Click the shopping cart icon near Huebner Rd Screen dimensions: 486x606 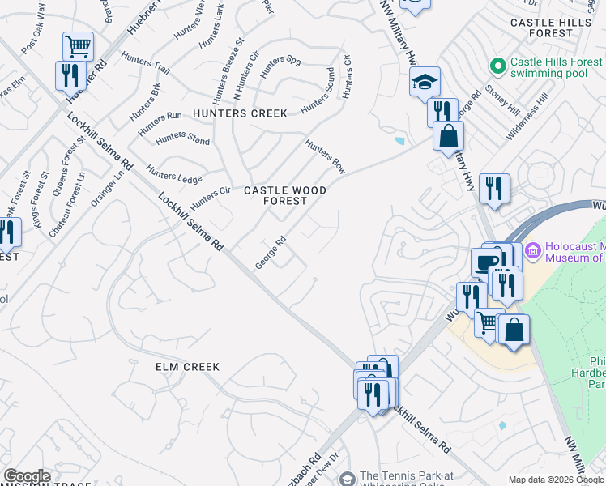[78, 46]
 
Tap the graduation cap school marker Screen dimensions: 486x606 [424, 82]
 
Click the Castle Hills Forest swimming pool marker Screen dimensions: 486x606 [497, 63]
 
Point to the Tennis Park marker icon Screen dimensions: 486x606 [348, 480]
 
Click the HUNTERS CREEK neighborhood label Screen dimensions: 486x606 [240, 113]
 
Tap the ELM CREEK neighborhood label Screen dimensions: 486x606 [187, 367]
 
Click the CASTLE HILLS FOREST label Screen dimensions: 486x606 [552, 28]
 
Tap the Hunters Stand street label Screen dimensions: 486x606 [182, 139]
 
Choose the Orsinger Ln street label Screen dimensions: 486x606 [108, 187]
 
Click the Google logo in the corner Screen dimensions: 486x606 [27, 476]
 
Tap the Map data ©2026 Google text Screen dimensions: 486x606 [556, 480]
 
